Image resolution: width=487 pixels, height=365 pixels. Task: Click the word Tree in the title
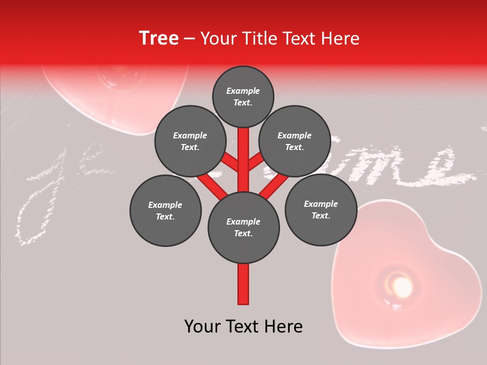click(x=159, y=39)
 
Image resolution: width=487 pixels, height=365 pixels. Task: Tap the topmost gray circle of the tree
click(x=243, y=96)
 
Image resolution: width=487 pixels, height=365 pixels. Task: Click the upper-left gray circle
click(x=190, y=141)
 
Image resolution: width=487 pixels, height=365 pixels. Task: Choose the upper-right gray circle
click(x=295, y=141)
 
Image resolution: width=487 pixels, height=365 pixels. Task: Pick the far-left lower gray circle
click(x=165, y=210)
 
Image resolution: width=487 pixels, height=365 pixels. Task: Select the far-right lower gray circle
click(x=321, y=209)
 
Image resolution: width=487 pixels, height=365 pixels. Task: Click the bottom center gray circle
click(x=243, y=227)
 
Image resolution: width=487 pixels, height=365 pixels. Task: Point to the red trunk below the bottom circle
click(x=243, y=284)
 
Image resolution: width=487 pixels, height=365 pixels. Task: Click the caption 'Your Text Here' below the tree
click(x=243, y=326)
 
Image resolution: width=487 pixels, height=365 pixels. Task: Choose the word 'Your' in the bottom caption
click(x=204, y=326)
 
